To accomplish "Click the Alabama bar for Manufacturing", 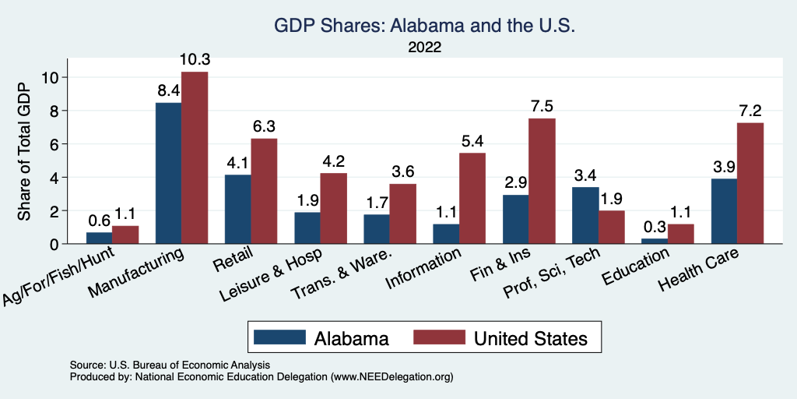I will coord(168,173).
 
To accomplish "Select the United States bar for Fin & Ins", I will coord(542,181).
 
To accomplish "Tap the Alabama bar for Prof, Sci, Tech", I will coord(585,215).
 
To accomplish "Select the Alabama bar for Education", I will coord(655,241).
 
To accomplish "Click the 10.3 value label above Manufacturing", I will coord(195,59).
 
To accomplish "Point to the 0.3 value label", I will coord(655,226).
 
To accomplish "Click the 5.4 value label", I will coord(472,141).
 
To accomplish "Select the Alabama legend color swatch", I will coord(279,337).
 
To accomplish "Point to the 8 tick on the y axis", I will coord(53,111).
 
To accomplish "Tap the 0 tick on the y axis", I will coord(53,244).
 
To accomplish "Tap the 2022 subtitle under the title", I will coord(424,47).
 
